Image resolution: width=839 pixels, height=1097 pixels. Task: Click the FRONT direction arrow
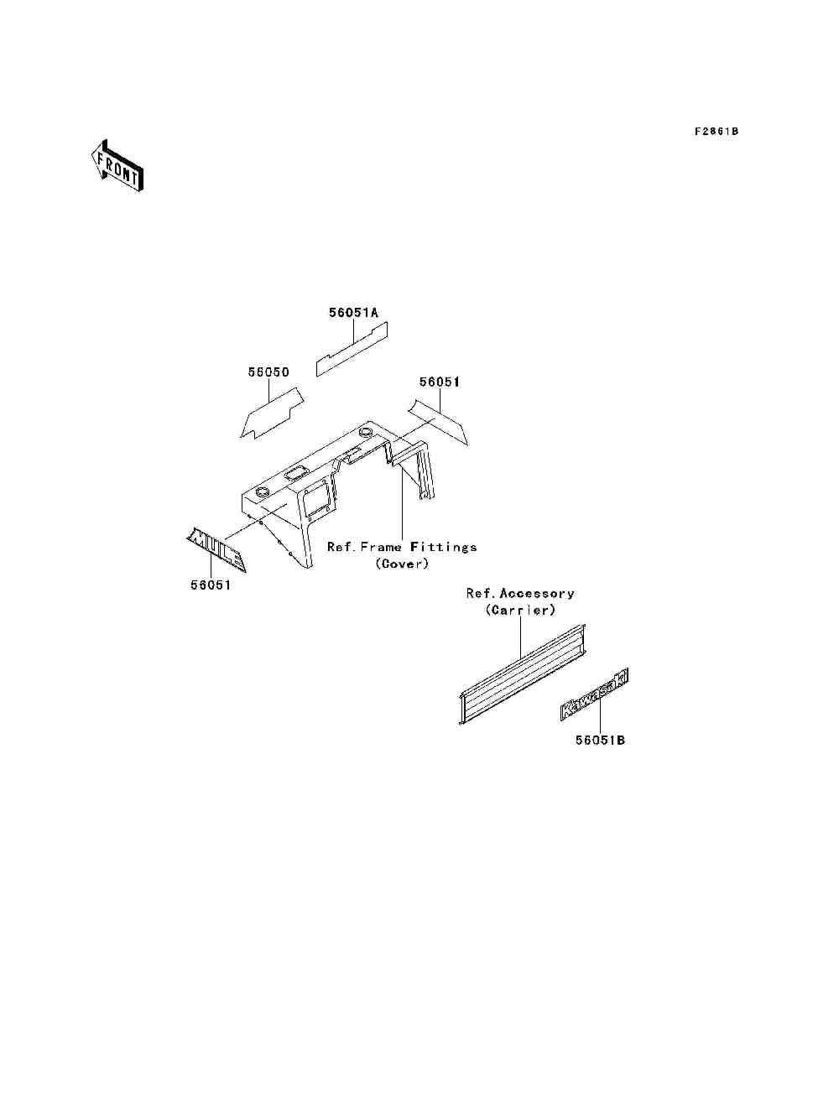tap(117, 164)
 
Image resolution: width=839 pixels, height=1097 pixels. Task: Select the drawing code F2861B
tap(716, 132)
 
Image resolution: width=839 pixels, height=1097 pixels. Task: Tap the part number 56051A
tap(353, 313)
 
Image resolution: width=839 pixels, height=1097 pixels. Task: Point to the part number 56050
tap(268, 372)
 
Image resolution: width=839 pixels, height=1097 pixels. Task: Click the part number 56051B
tap(601, 741)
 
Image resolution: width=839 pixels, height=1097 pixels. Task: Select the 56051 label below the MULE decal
tap(210, 585)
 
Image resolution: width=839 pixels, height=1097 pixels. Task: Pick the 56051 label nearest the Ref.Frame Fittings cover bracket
tap(440, 382)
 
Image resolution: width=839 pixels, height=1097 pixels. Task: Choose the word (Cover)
tap(402, 564)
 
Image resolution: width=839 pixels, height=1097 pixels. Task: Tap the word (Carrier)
tap(520, 611)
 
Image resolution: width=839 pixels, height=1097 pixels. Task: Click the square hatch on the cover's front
tap(314, 499)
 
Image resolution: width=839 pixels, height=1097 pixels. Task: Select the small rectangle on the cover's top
tap(294, 474)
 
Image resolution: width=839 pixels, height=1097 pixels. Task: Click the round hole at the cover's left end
tap(261, 490)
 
